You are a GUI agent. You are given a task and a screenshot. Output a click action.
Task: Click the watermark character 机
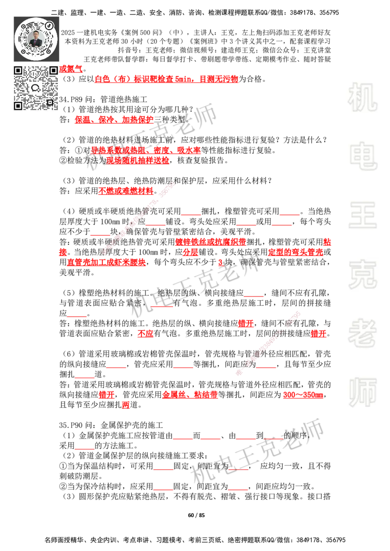[x=362, y=97]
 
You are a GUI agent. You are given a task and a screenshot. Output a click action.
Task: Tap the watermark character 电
[x=364, y=156]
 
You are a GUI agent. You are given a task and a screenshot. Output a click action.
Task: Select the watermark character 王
[x=362, y=216]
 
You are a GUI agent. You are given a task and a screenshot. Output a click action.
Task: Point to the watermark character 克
[x=362, y=274]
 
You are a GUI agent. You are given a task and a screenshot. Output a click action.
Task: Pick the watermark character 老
[x=362, y=332]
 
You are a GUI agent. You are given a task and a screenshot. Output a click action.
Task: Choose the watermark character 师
[x=362, y=393]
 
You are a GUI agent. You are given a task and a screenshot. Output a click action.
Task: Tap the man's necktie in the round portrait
[x=37, y=42]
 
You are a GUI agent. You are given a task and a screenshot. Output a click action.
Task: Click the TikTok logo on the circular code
[x=50, y=25]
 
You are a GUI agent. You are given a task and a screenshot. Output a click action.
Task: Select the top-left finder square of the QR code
[x=18, y=70]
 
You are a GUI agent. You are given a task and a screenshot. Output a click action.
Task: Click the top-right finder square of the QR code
[x=54, y=70]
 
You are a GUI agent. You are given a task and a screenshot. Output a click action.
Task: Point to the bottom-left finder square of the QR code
[x=18, y=106]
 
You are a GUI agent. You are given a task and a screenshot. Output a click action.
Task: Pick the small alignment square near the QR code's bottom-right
[x=50, y=102]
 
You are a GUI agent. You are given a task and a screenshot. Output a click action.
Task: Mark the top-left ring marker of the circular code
[x=23, y=25]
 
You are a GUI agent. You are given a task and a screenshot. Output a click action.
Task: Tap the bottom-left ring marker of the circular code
[x=23, y=50]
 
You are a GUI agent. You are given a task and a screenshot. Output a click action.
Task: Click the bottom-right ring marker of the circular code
[x=50, y=50]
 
